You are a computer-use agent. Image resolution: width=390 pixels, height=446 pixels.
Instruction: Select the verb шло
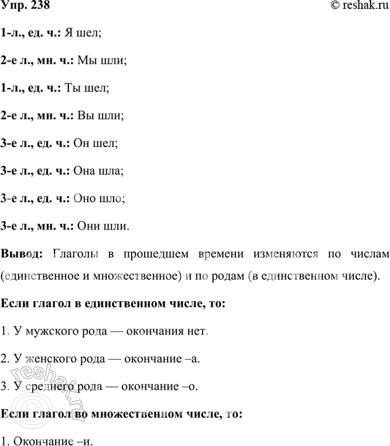click(x=112, y=198)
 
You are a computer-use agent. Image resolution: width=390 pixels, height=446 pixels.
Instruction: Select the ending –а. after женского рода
click(x=190, y=359)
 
